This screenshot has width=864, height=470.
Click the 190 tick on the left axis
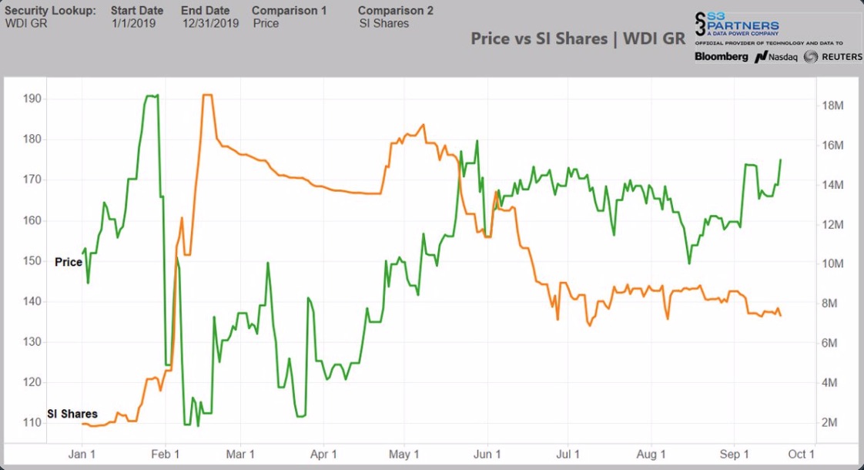point(32,99)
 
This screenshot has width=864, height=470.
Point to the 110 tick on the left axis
point(32,423)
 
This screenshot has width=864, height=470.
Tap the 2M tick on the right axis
point(832,423)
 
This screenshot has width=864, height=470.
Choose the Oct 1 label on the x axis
point(801,455)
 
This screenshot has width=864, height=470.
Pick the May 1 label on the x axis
point(404,455)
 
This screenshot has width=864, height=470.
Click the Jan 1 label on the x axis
point(82,455)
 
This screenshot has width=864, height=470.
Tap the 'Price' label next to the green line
point(68,262)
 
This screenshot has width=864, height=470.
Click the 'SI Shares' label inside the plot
point(72,414)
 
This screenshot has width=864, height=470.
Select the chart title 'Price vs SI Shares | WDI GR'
point(577,39)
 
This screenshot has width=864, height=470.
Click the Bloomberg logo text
point(721,57)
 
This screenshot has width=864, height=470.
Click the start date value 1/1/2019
point(132,23)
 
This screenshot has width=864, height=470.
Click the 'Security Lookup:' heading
point(51,11)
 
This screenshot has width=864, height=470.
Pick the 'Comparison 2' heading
point(395,11)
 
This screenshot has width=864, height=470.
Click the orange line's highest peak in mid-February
point(206,95)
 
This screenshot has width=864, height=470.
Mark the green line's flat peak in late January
point(151,96)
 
